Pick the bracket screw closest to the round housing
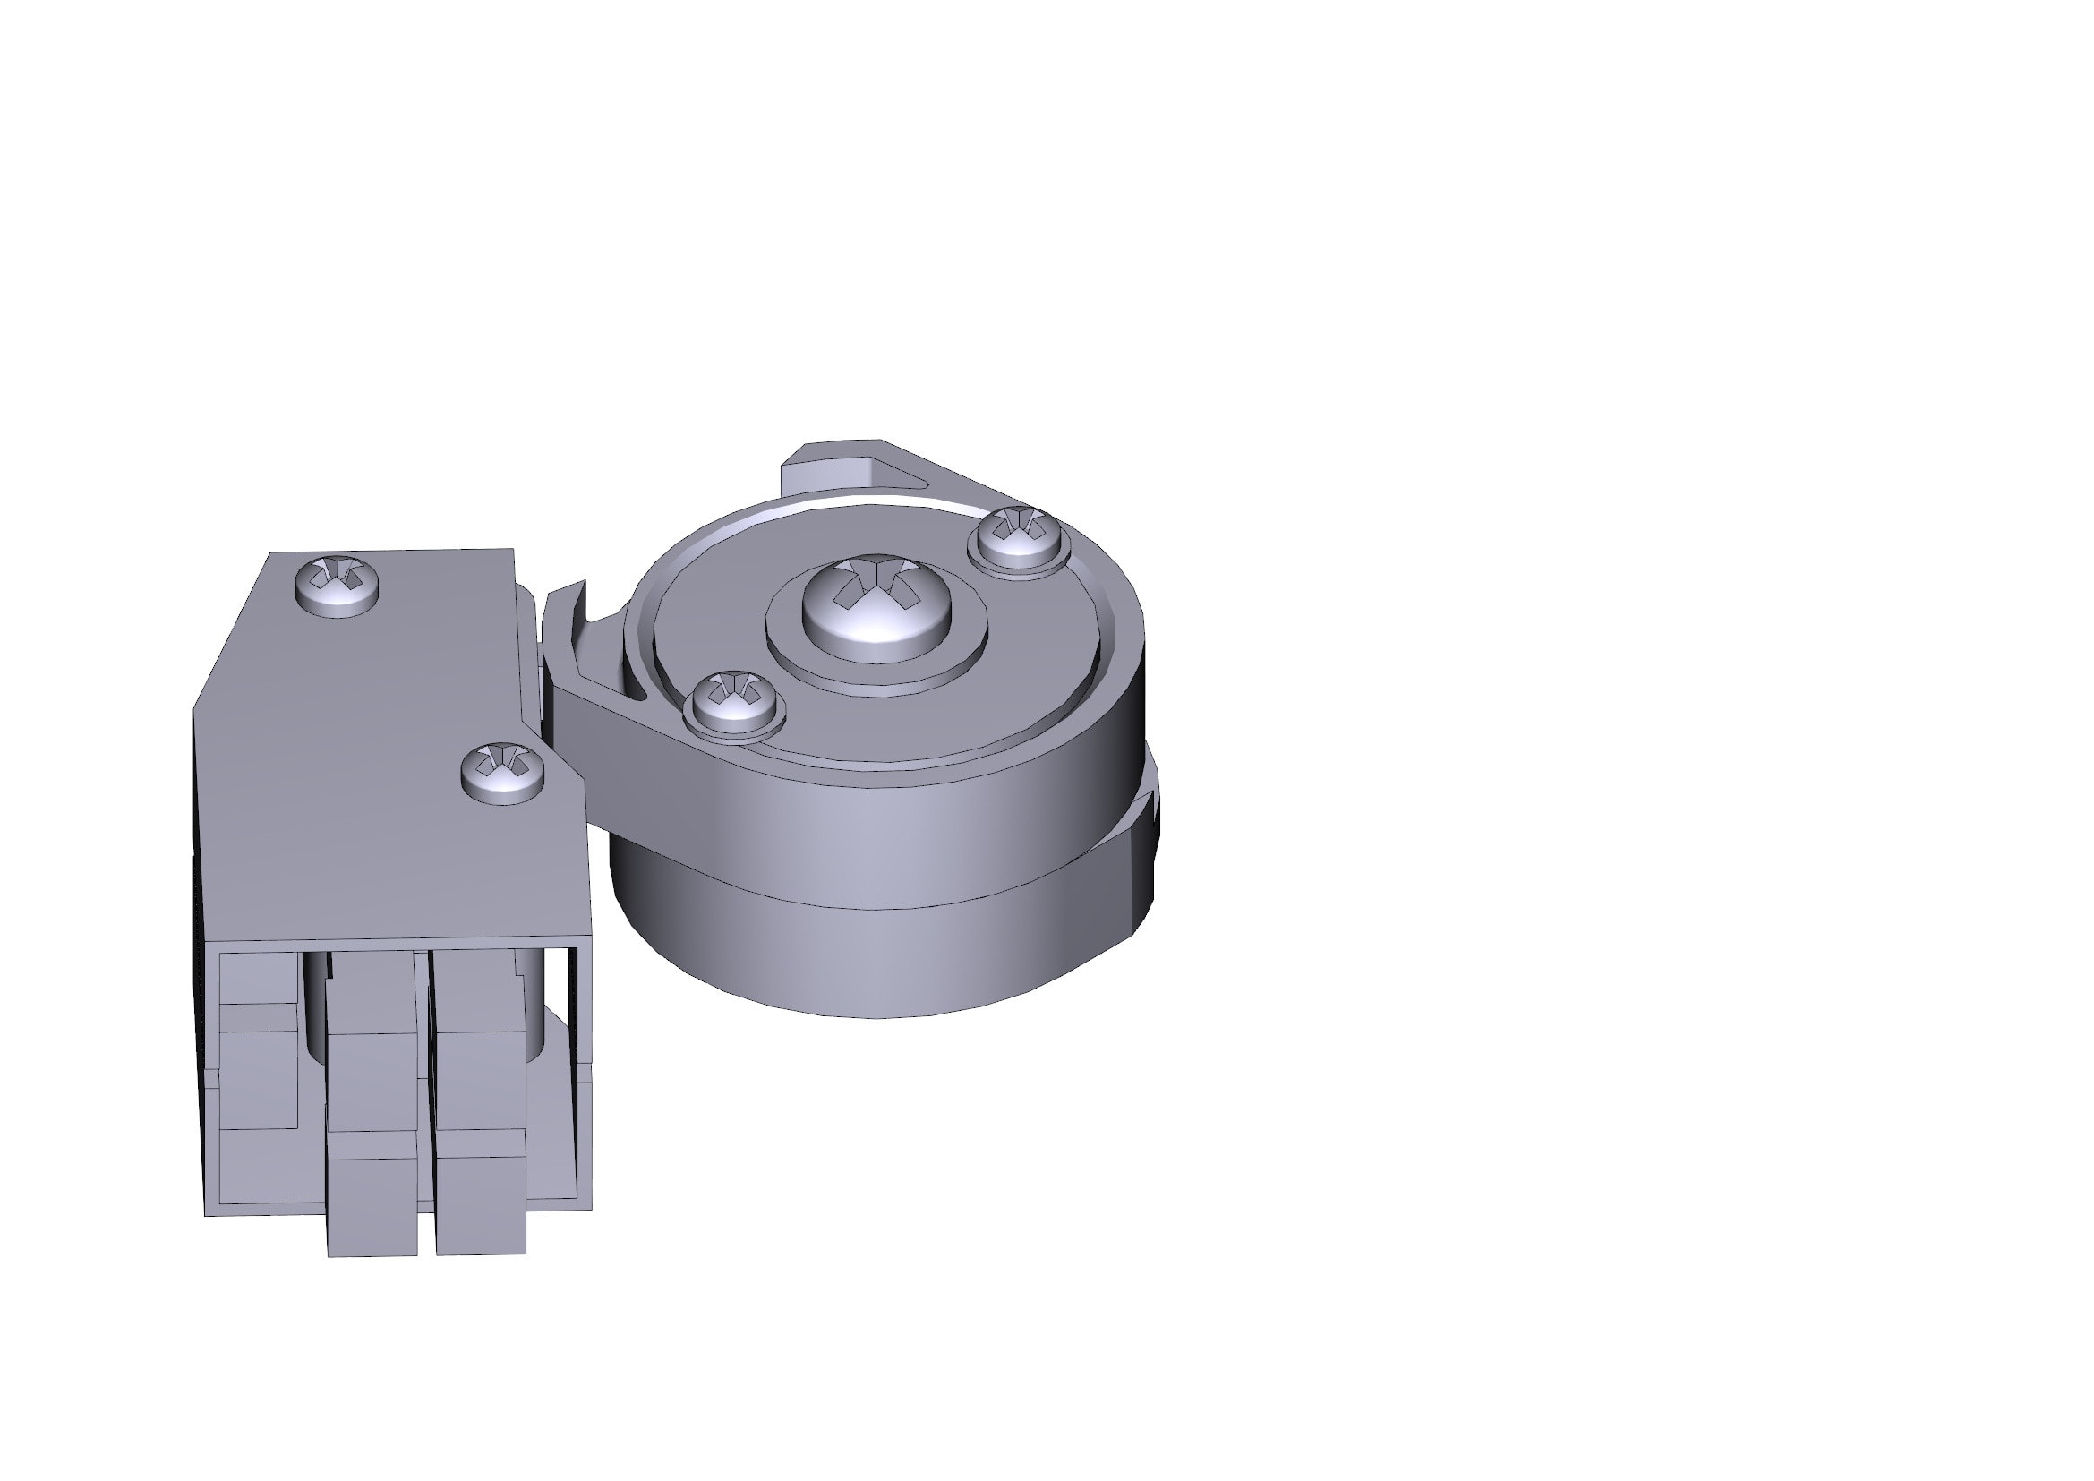coord(503,772)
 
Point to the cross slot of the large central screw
coord(876,584)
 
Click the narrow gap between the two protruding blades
coord(426,1140)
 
